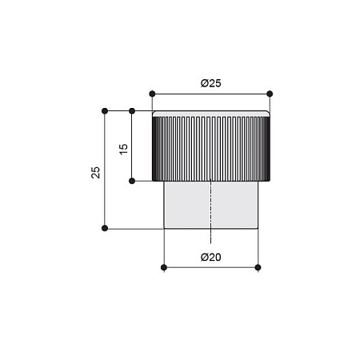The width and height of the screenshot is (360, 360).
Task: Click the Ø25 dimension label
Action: [x=210, y=83]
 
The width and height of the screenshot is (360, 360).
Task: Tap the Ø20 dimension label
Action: [x=210, y=258]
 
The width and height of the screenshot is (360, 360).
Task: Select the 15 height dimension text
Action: [x=124, y=149]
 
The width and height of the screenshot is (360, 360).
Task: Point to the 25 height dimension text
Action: [x=95, y=173]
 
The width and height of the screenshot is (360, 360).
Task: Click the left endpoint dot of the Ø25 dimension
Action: [x=152, y=94]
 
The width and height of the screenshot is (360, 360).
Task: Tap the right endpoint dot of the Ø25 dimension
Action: [x=270, y=94]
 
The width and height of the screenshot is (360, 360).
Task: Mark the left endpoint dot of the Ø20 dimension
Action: [x=164, y=267]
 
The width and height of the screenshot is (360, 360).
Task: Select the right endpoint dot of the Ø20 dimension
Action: [x=258, y=267]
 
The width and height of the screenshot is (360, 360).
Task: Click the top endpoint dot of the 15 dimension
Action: [x=132, y=111]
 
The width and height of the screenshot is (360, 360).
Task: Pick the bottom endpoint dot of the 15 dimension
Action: [x=132, y=181]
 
